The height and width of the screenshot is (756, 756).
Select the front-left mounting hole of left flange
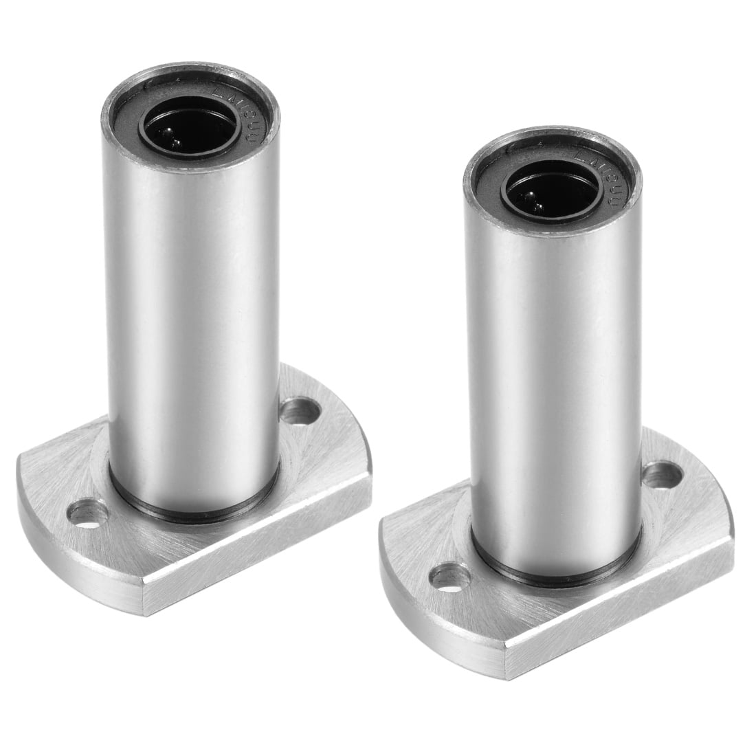click(x=91, y=513)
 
